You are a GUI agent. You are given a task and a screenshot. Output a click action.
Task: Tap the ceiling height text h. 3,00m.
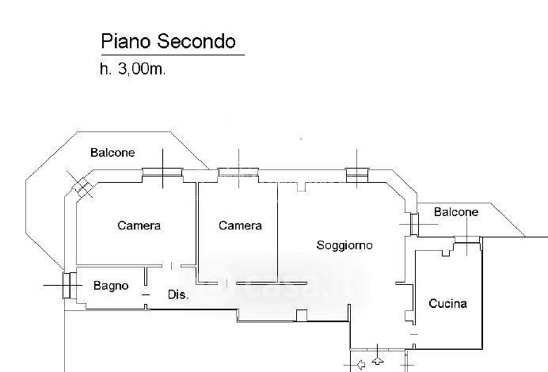132,70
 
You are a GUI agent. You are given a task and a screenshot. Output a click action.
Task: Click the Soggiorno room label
344,245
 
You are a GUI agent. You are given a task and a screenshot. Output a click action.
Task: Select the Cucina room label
447,303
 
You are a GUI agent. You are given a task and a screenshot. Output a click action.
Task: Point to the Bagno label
111,286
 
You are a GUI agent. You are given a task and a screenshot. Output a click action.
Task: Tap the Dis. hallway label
178,295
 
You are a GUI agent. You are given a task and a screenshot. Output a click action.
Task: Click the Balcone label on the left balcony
112,153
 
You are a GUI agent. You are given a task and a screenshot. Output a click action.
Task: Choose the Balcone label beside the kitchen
457,212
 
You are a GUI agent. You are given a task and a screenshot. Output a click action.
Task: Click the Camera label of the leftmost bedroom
139,226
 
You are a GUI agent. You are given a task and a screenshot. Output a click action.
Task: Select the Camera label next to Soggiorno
240,226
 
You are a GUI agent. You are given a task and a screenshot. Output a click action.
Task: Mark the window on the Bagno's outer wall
68,285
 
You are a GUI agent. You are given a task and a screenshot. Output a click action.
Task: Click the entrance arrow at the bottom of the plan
361,365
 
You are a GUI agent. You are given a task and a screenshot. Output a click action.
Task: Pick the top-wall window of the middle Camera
237,173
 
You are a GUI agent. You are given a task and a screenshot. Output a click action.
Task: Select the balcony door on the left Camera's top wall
162,173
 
